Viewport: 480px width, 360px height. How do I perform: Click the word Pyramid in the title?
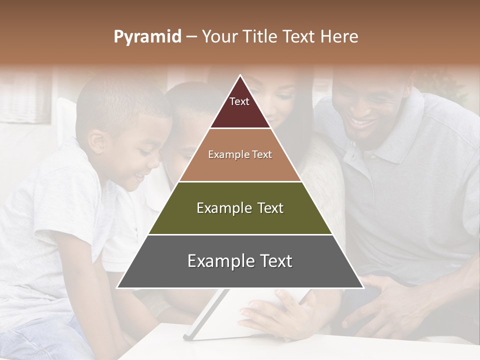pyautogui.click(x=147, y=37)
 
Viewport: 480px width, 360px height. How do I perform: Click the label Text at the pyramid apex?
pyautogui.click(x=239, y=101)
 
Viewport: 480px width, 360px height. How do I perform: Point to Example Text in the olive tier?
pyautogui.click(x=240, y=208)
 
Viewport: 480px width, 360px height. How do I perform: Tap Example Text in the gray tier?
pyautogui.click(x=240, y=261)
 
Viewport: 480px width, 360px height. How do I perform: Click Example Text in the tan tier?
pyautogui.click(x=240, y=154)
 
